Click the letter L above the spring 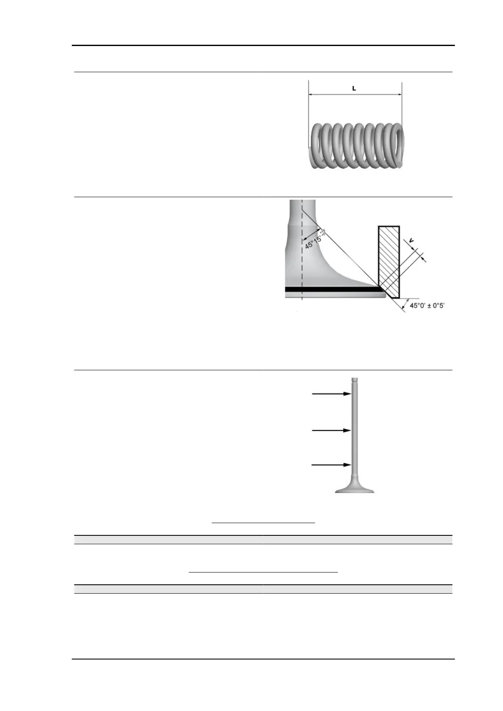point(354,89)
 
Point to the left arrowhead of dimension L point(311,95)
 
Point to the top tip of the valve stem point(355,379)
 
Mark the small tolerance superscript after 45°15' point(324,232)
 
